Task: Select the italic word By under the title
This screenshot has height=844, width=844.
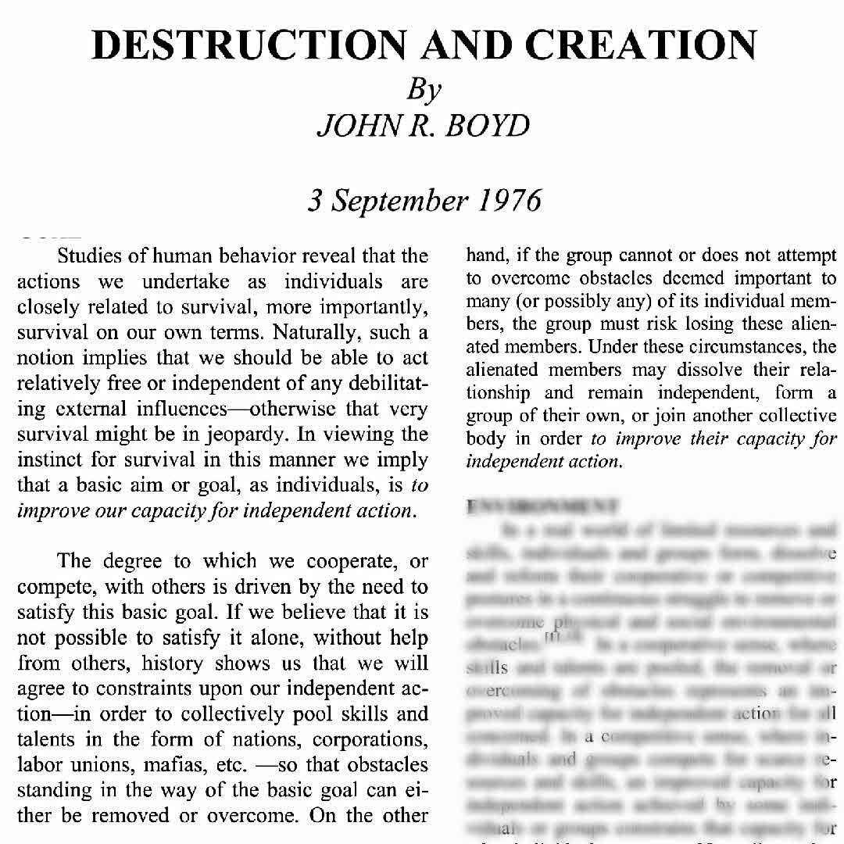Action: [424, 90]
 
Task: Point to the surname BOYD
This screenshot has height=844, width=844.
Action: [487, 125]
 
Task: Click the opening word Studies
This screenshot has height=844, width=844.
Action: [99, 256]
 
